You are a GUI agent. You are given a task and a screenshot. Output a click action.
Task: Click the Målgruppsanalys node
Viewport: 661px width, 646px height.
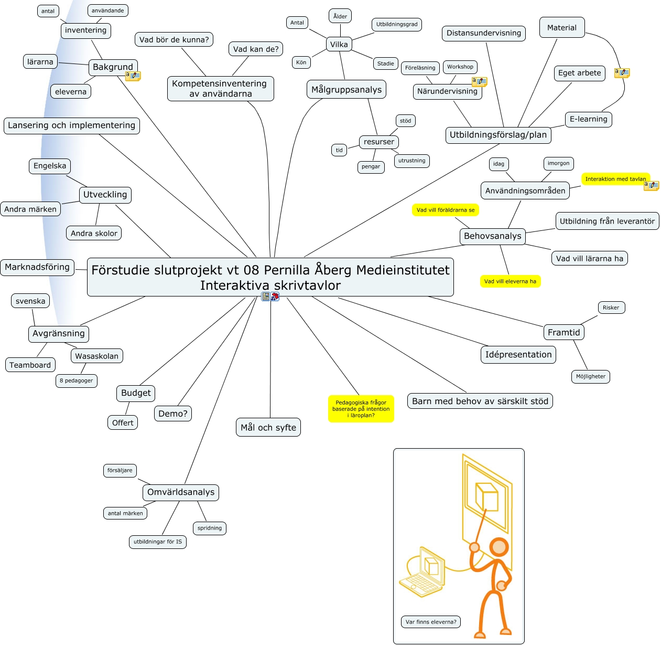coord(346,89)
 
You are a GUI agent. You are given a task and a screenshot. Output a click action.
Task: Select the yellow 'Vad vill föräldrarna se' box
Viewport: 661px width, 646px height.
coord(445,210)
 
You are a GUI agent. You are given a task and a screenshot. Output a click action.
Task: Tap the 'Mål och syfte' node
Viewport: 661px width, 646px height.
coord(268,427)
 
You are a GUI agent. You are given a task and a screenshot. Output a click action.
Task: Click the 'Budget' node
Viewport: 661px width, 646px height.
coord(135,393)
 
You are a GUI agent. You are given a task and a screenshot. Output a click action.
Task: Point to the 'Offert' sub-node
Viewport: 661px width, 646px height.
coord(123,422)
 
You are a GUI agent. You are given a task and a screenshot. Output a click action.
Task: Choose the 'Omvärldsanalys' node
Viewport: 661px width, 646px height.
coord(180,492)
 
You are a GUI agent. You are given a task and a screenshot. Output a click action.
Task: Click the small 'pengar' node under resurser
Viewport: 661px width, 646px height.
coord(371,166)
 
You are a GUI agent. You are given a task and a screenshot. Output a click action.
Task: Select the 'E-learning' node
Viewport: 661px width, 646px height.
coord(588,119)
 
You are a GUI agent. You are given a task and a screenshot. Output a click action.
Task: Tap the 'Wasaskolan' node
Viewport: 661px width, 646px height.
coord(96,356)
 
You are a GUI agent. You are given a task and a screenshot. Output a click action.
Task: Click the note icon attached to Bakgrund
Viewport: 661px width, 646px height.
coord(133,76)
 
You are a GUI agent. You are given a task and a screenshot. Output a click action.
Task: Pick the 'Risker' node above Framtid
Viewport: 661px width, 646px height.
coord(611,308)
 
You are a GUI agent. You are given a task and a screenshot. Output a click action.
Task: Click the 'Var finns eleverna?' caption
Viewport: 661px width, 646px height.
coord(430,622)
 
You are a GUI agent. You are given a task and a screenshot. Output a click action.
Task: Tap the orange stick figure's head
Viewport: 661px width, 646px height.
coord(499,547)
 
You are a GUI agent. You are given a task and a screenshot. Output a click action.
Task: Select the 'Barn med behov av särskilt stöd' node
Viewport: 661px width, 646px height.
coord(480,401)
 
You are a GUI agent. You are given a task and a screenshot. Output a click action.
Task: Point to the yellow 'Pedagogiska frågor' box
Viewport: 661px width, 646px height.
coord(361,409)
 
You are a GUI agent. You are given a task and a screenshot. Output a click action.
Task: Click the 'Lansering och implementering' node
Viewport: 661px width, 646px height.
coord(71,125)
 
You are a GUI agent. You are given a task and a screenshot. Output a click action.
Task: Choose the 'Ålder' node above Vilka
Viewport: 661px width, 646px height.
coord(340,16)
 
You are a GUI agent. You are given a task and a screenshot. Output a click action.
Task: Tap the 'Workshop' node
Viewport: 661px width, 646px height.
coord(460,67)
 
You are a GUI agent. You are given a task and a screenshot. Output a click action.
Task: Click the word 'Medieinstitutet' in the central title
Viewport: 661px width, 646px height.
coord(403,270)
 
